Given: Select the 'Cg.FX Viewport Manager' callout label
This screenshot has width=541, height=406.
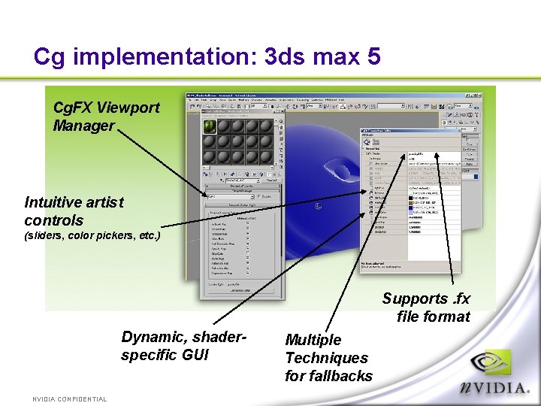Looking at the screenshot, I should tap(106, 117).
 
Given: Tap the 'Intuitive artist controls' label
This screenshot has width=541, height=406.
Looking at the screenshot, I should tap(74, 211).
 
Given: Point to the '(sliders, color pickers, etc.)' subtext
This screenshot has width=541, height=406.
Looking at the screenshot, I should tap(92, 235).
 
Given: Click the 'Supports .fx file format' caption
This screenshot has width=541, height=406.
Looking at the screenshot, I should tap(426, 308).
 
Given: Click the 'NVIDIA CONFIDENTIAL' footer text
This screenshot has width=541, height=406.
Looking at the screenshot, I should tap(69, 399).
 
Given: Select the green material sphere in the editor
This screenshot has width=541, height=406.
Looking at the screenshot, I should tap(210, 126).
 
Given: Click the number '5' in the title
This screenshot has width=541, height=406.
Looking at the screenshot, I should tap(373, 56).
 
